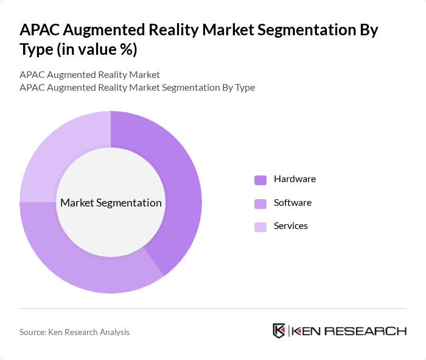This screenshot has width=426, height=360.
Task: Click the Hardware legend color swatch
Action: (x=260, y=180)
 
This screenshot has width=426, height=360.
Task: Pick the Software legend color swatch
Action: (x=260, y=203)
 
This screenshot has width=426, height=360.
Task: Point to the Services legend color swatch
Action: (x=260, y=227)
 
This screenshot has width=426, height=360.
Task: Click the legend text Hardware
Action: (x=295, y=179)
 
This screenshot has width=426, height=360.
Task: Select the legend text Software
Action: (x=293, y=202)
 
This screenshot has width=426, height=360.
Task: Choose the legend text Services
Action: (x=291, y=226)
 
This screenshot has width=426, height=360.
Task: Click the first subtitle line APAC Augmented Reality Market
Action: (x=89, y=75)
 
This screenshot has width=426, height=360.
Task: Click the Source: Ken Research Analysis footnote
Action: (x=74, y=332)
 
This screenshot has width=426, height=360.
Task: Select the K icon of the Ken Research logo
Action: (x=279, y=331)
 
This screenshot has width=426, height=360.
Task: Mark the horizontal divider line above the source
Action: (x=213, y=308)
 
